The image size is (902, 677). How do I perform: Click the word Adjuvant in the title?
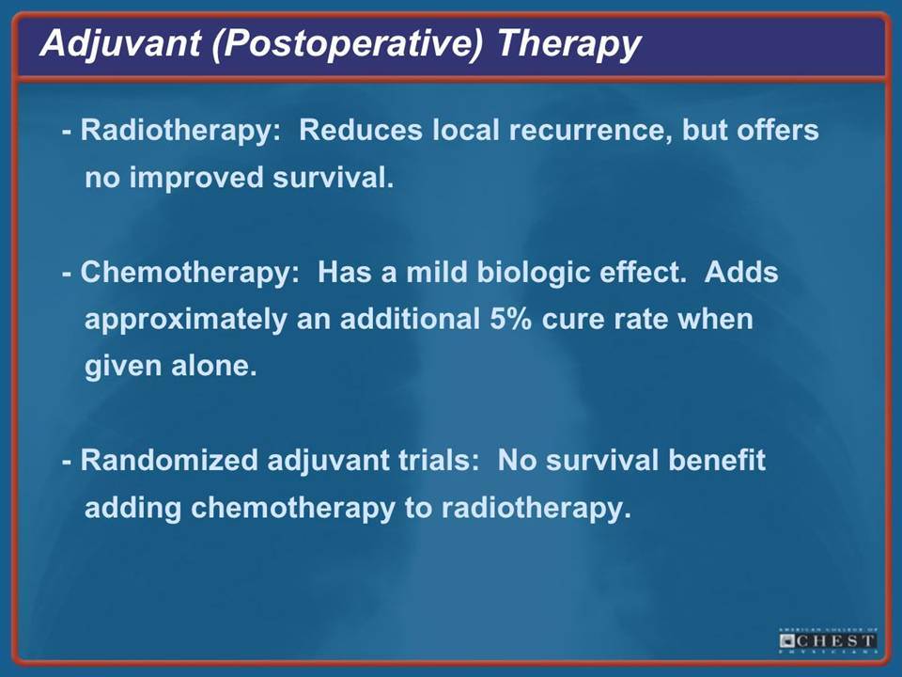coord(120,44)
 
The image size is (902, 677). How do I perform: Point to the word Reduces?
coord(361,130)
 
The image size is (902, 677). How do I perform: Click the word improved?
coord(196,179)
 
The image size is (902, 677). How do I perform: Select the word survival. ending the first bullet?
coord(334,178)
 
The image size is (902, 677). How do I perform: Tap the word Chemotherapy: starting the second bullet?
coord(190,273)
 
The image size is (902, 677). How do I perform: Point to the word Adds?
coord(741,273)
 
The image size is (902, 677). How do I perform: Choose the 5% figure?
coord(510,320)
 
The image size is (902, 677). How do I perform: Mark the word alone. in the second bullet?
coord(214,366)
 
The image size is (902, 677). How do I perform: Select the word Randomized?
coord(169,461)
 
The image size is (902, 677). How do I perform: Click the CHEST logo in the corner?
coord(829,640)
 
